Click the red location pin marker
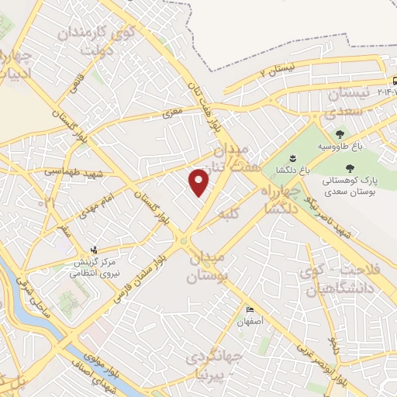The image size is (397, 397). pyautogui.click(x=200, y=182)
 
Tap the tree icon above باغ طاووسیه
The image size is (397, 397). pyautogui.click(x=339, y=134)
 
